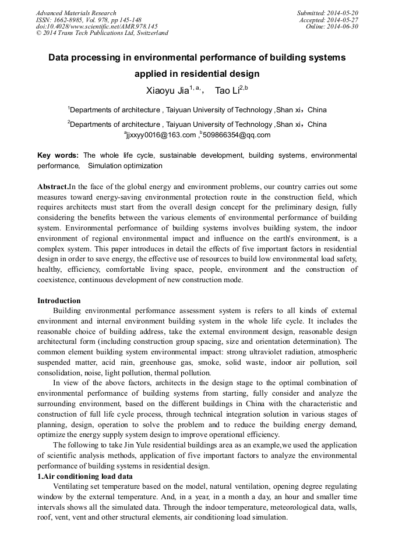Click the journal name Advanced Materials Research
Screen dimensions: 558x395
pos(76,13)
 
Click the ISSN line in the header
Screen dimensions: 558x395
pos(89,20)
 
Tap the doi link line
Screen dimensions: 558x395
pos(97,26)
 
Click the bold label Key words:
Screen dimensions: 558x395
pos(58,155)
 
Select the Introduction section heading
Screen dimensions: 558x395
pos(59,301)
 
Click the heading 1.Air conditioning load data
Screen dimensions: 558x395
pos(85,476)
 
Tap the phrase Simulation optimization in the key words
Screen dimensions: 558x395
pos(125,166)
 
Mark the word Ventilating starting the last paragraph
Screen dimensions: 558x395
pos(72,486)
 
